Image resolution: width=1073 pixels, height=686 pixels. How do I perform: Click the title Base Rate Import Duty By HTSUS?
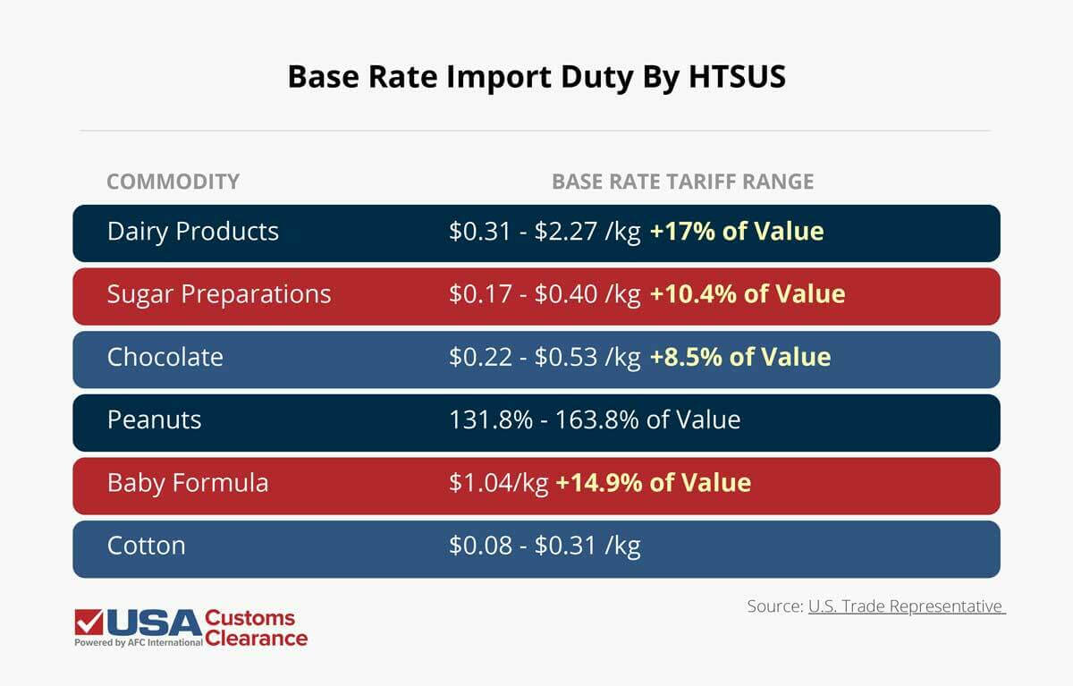click(x=536, y=77)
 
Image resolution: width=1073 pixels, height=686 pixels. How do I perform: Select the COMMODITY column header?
click(x=173, y=182)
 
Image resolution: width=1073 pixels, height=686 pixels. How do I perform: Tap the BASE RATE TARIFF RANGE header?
click(x=682, y=182)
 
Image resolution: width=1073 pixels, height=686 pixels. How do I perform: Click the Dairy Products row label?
click(x=192, y=232)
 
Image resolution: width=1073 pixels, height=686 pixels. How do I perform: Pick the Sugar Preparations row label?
click(x=218, y=294)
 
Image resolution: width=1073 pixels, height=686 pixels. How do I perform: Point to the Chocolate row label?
click(x=165, y=357)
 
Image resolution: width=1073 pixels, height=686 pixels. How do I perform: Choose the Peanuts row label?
click(x=154, y=419)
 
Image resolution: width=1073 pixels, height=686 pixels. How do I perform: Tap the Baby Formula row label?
click(x=187, y=483)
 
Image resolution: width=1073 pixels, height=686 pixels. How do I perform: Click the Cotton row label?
click(x=146, y=546)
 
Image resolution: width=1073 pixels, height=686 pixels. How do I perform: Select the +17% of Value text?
click(x=736, y=232)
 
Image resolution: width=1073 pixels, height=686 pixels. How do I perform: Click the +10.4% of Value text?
click(x=747, y=294)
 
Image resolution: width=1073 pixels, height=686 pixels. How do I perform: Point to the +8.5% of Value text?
click(x=739, y=357)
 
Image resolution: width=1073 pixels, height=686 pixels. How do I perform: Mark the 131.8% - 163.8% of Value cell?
click(x=595, y=419)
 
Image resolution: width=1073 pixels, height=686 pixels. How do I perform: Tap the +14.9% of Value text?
click(x=653, y=483)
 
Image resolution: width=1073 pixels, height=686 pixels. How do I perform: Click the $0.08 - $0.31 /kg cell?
click(x=545, y=546)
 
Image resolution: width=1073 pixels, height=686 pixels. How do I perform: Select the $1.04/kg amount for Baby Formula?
click(x=498, y=483)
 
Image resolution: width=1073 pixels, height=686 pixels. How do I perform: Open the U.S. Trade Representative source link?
click(x=906, y=606)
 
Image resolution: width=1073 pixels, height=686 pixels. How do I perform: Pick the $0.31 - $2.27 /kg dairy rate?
click(x=545, y=232)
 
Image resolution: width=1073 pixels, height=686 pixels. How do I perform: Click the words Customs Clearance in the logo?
click(x=256, y=628)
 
